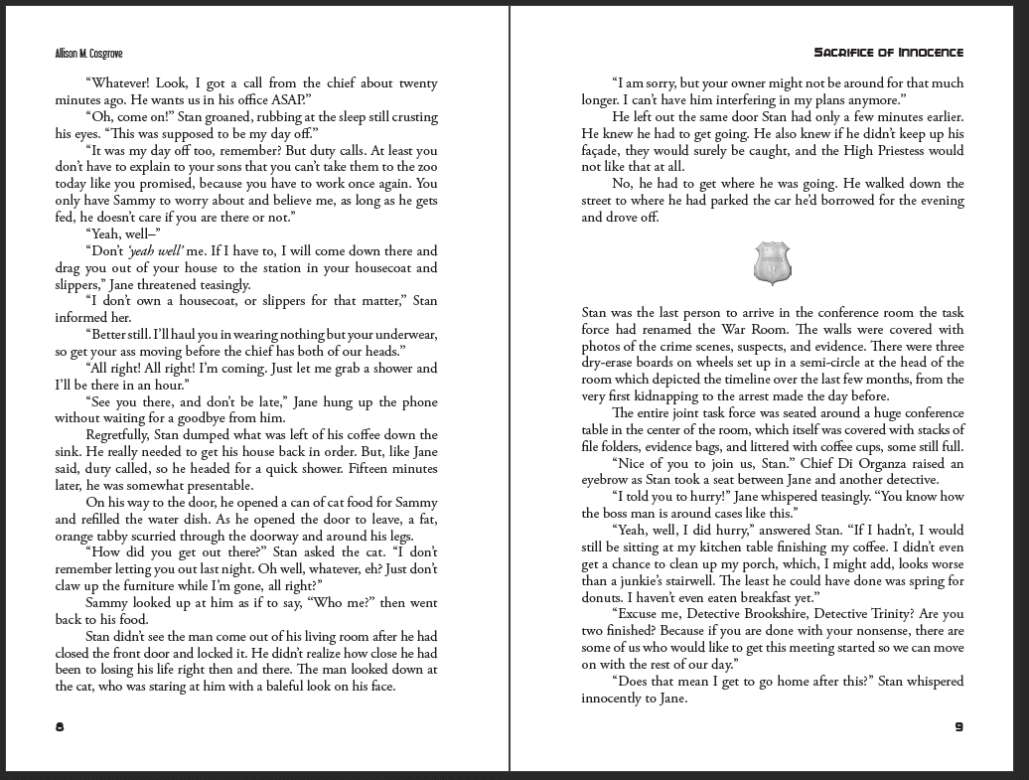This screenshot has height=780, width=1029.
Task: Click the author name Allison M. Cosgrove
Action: pyautogui.click(x=88, y=54)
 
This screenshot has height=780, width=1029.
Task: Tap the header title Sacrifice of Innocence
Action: pyautogui.click(x=888, y=53)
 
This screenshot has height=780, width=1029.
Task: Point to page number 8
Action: pyautogui.click(x=60, y=727)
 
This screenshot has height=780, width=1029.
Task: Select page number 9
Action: pyautogui.click(x=958, y=727)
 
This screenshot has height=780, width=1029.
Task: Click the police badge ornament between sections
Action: pyautogui.click(x=773, y=263)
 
